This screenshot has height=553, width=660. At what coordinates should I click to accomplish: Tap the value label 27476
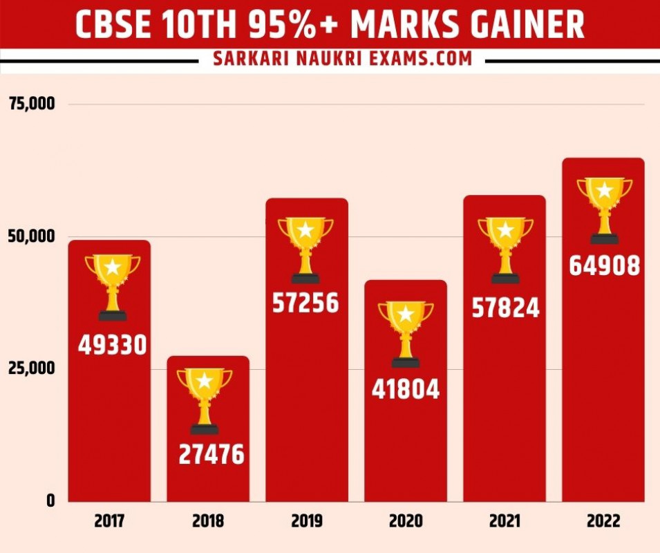(211, 454)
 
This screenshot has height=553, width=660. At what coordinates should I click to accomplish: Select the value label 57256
(305, 303)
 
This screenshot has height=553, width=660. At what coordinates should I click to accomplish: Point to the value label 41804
(406, 390)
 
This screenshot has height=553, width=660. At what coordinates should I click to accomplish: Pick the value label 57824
(505, 308)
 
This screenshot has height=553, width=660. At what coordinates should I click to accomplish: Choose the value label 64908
(605, 266)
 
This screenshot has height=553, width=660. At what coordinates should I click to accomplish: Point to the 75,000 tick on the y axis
(32, 104)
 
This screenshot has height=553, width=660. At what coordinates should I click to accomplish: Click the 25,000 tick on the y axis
(32, 368)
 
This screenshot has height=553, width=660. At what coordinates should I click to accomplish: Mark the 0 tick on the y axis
(50, 500)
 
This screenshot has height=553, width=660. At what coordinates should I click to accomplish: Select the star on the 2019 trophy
(305, 229)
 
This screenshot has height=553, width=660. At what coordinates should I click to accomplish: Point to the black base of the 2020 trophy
(406, 362)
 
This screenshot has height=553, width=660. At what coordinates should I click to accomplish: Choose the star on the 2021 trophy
(505, 229)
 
